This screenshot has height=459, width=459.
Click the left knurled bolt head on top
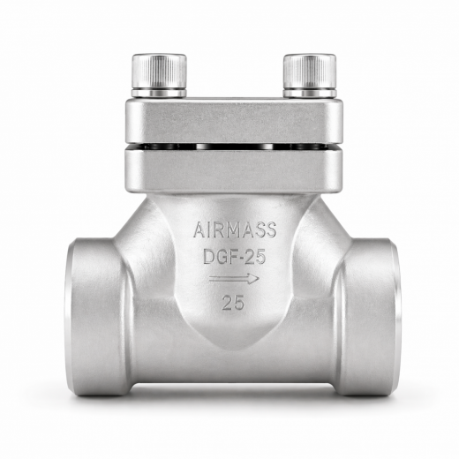(159, 71)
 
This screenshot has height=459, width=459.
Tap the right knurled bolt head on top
(309, 71)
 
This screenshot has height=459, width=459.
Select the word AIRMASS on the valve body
(235, 232)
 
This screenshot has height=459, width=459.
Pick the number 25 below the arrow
(234, 304)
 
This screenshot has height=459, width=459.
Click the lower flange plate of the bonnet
(234, 169)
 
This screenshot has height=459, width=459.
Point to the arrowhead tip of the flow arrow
(260, 279)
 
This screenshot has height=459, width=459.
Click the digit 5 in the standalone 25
(239, 304)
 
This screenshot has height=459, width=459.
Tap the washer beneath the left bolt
(159, 91)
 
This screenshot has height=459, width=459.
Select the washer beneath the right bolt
(309, 91)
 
